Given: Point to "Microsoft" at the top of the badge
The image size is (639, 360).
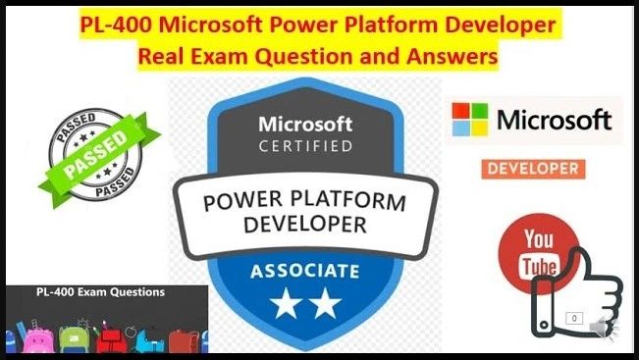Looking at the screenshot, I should pyautogui.click(x=304, y=126).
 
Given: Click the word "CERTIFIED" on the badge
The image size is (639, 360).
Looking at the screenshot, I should pyautogui.click(x=304, y=147).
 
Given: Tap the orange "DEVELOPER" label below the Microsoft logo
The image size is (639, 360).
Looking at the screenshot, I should pyautogui.click(x=531, y=169).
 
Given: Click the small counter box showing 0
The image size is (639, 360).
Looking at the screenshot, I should pyautogui.click(x=574, y=318).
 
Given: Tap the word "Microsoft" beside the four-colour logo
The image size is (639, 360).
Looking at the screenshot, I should pyautogui.click(x=555, y=121).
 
